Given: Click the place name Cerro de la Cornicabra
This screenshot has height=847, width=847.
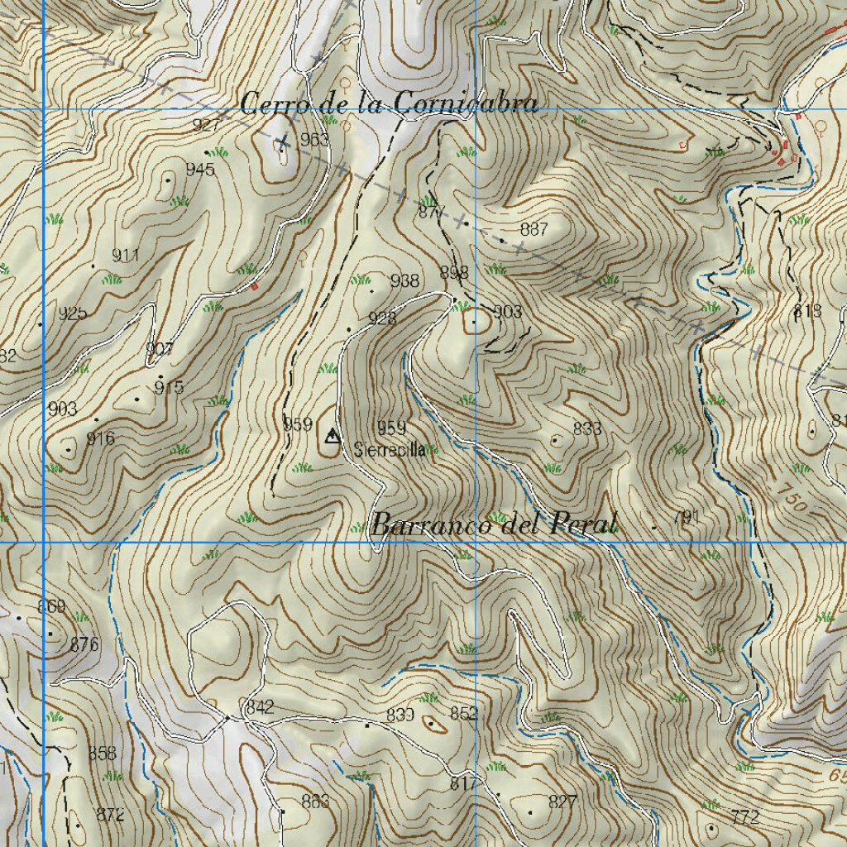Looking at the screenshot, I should click(x=389, y=104).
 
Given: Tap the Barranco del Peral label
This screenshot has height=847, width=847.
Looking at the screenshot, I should click(x=494, y=524).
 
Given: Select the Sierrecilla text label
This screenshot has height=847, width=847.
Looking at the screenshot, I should click(x=390, y=450).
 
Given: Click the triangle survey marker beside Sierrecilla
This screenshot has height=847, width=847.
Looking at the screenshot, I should click(x=332, y=436).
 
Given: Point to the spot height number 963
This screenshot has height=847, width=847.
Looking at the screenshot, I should click(x=314, y=139).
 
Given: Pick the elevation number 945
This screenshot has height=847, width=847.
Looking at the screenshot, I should click(x=200, y=170).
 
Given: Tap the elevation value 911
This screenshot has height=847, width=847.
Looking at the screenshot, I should click(x=126, y=256).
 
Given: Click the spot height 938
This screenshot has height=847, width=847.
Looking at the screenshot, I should click(x=404, y=281).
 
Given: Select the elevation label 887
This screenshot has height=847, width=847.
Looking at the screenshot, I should click(x=534, y=230).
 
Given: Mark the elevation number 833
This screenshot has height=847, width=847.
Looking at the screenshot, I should click(x=586, y=428).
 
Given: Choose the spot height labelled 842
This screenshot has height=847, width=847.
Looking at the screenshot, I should click(x=259, y=707).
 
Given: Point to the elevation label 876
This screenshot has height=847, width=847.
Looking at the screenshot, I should click(x=84, y=644).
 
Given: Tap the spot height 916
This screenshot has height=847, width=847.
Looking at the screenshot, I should click(x=100, y=438).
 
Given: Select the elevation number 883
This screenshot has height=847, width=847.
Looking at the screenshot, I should click(x=315, y=801).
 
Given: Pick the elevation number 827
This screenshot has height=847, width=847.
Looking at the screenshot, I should click(x=562, y=802).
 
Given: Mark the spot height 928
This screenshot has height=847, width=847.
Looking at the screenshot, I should click(x=382, y=318).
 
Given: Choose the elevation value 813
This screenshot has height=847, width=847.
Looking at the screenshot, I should click(x=807, y=311).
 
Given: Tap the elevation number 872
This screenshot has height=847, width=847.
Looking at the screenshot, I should click(x=110, y=815).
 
